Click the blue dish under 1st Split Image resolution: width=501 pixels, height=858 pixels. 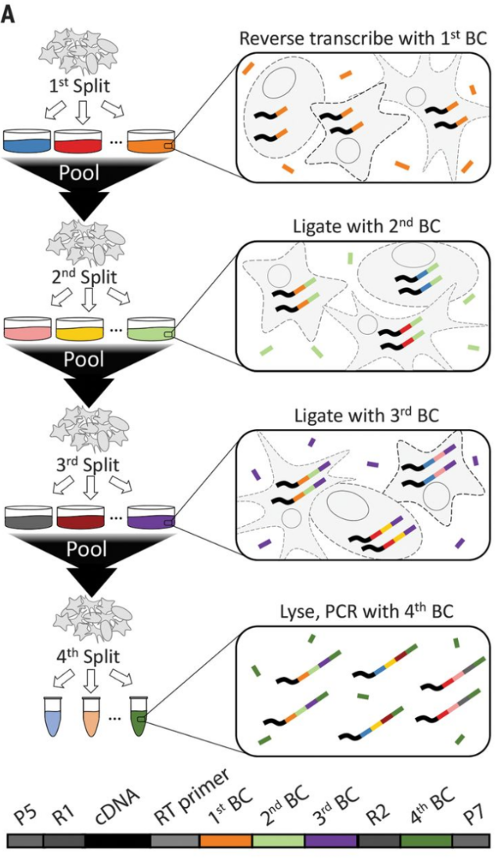click(x=27, y=141)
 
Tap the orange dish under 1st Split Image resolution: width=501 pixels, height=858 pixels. click(x=151, y=141)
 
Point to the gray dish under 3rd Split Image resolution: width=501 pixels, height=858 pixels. click(x=27, y=517)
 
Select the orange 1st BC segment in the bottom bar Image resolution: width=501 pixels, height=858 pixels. click(x=225, y=841)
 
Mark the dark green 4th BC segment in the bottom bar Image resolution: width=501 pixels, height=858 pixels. click(x=426, y=841)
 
